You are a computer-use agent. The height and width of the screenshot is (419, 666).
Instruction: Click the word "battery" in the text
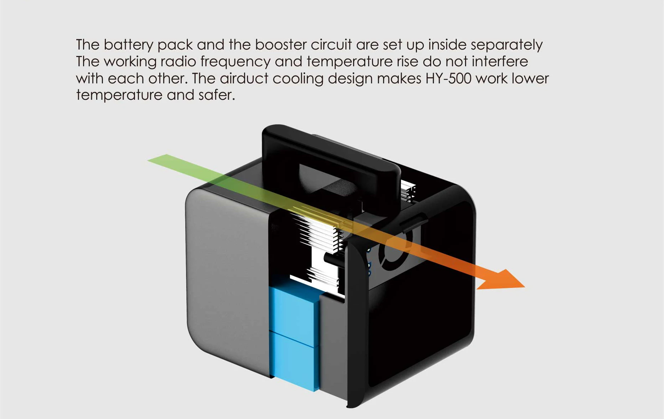[x=128, y=45]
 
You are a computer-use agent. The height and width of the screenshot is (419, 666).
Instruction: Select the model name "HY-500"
[x=448, y=78]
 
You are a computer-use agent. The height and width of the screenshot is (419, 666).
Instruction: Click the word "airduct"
[x=244, y=78]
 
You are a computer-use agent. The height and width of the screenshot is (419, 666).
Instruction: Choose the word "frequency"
[x=235, y=62]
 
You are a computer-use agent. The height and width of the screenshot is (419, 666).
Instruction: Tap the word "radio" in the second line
[x=178, y=62]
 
